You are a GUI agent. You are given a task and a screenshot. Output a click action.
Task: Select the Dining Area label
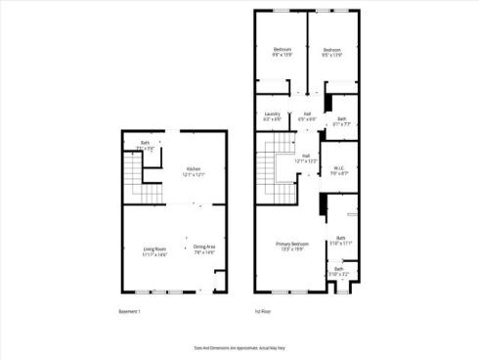(x=204, y=248)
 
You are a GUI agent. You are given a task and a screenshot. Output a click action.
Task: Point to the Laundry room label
(x=273, y=115)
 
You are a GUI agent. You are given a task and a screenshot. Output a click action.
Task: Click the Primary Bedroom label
(x=292, y=245)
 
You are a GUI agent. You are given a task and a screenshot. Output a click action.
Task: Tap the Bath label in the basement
(x=145, y=146)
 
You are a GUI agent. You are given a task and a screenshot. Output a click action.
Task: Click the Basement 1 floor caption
(x=130, y=312)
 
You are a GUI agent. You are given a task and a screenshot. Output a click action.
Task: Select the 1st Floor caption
(x=263, y=312)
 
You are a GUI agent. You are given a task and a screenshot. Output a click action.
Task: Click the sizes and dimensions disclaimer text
(x=239, y=346)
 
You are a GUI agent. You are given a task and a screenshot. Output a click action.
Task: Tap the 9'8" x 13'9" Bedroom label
(x=283, y=52)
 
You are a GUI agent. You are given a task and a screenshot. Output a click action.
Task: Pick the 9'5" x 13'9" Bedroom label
(x=333, y=52)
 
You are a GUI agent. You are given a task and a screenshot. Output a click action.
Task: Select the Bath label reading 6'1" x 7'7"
(x=340, y=121)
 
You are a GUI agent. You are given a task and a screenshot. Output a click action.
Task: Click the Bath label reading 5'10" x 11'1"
(x=341, y=240)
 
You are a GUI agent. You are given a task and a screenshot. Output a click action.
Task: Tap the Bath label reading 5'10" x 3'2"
(x=339, y=270)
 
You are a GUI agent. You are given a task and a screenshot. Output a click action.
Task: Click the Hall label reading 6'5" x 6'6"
(x=307, y=115)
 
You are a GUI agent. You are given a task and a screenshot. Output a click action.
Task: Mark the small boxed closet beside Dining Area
(x=220, y=283)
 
